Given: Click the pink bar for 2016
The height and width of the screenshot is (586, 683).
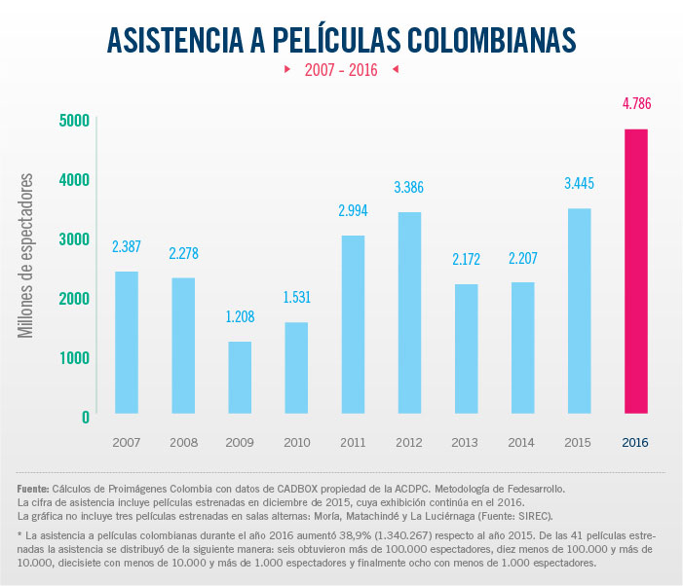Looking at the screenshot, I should (635, 272).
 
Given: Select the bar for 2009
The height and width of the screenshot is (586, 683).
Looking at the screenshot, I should (239, 378).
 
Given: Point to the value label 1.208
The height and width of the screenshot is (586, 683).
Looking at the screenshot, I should (239, 316).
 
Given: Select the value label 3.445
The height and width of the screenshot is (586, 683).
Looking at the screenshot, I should (579, 183).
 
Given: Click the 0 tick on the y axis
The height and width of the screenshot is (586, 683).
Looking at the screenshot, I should (85, 417).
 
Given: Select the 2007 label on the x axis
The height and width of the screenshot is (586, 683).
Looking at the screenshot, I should (126, 442).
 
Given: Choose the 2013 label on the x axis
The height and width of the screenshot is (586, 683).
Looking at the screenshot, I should (465, 442).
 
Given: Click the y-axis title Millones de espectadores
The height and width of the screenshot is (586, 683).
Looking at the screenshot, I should (26, 256).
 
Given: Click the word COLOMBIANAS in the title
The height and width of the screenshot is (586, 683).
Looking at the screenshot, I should (482, 39).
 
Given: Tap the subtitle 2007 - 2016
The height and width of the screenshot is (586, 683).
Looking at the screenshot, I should (341, 70).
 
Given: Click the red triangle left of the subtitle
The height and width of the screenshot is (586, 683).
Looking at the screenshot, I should (287, 70).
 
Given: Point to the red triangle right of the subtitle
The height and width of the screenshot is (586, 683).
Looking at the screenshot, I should (395, 70).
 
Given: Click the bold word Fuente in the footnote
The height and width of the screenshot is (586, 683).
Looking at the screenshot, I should (35, 488).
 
